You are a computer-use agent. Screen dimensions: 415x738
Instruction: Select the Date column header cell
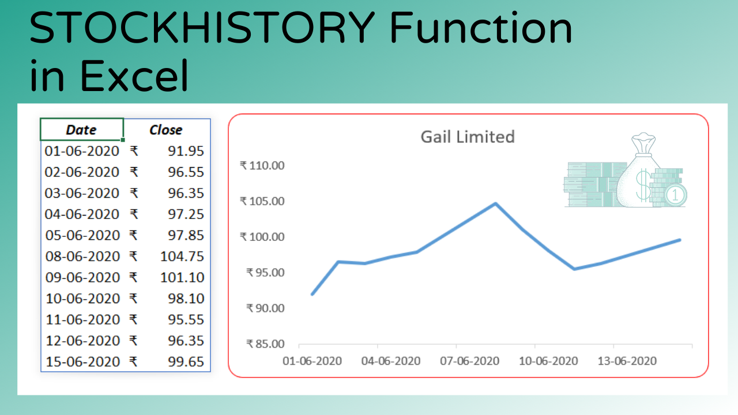(81, 130)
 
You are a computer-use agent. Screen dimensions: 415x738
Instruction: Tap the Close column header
(166, 130)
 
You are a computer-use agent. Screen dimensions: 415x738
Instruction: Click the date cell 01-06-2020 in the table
(82, 151)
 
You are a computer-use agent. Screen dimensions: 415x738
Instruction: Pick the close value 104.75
(182, 256)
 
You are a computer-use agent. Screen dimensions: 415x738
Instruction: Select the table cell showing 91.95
(186, 151)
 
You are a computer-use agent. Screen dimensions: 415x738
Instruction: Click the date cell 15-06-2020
(82, 362)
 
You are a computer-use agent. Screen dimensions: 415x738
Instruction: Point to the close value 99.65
(186, 362)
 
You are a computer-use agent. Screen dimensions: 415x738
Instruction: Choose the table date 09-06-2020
(82, 277)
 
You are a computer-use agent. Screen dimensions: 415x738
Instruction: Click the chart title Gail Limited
(467, 137)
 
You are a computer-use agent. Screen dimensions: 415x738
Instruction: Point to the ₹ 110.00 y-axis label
(262, 166)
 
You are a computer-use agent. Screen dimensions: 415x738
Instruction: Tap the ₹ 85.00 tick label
(265, 344)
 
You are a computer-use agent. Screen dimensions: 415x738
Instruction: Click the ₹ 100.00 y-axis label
(262, 237)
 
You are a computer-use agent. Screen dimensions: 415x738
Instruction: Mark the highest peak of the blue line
(495, 203)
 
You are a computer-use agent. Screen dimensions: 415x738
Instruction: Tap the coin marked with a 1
(676, 195)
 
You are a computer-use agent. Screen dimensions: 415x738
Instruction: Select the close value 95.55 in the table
(186, 320)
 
